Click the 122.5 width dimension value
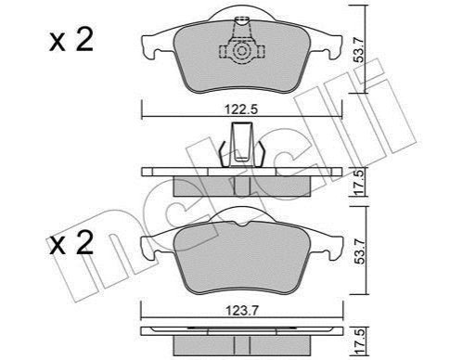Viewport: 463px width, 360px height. (x=241, y=109)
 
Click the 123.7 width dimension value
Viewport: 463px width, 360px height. (x=241, y=310)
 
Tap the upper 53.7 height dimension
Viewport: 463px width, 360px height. (x=359, y=48)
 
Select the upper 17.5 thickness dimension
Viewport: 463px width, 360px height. (x=359, y=183)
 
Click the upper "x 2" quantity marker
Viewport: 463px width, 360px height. (x=71, y=41)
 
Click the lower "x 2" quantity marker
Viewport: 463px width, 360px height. (x=71, y=243)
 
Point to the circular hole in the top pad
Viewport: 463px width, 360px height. (x=241, y=51)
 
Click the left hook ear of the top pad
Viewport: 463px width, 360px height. (x=149, y=47)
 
